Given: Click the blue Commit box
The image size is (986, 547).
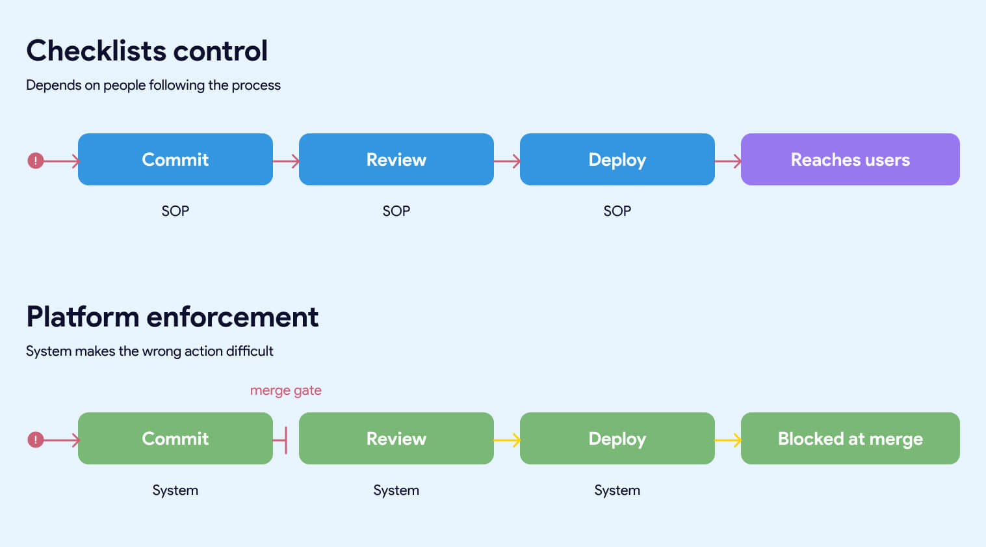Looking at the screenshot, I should pos(175,159).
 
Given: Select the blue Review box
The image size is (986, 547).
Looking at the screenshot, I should pos(396,159).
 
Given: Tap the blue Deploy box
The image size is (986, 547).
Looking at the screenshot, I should pos(617,159).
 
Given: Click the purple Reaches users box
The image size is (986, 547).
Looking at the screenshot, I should pos(850,159).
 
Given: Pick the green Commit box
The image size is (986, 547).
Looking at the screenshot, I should pos(175,438).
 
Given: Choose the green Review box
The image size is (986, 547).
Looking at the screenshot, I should pos(396,438).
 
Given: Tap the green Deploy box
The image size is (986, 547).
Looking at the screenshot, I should pos(617,438).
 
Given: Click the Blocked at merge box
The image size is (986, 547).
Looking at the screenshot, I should pos(850,438).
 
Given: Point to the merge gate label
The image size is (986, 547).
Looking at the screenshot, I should pos(285,390).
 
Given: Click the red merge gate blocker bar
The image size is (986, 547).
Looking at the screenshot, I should pos(285,440).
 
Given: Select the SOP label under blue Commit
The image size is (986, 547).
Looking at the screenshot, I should pos(175,211).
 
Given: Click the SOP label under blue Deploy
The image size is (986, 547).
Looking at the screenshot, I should pos(617,211).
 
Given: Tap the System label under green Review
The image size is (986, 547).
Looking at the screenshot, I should pos(396,490).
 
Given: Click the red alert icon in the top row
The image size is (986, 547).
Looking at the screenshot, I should pos(35,161).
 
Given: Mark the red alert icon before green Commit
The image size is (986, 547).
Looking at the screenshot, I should pos(35,440).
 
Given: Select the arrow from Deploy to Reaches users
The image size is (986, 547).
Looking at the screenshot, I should pos(728,161).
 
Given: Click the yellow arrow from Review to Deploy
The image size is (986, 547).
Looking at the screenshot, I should pos(507,440).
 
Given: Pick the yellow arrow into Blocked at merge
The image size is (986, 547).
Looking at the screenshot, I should pos(728,440).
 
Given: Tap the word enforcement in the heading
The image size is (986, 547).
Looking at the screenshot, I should pos(232,317).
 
